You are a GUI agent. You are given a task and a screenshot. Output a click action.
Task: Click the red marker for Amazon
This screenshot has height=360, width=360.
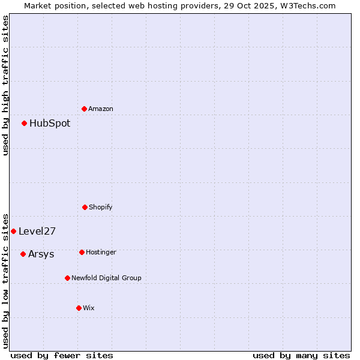point(85,109)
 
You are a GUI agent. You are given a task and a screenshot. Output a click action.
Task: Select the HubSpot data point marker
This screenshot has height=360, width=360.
point(25,123)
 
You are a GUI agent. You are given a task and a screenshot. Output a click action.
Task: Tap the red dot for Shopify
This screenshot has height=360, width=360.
point(85,207)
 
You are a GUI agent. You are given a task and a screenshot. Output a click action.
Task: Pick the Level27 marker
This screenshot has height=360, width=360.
point(13,231)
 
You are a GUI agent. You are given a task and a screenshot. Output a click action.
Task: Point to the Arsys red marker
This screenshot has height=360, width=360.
point(23,254)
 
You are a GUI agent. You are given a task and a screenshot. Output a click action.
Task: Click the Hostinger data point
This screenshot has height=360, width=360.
point(82,252)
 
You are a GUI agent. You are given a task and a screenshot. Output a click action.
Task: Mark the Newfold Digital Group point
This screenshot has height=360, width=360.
point(67,278)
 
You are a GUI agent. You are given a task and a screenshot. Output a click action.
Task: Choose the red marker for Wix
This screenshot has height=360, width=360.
point(79,308)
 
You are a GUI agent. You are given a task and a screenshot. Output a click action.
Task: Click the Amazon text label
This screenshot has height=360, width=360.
point(101,109)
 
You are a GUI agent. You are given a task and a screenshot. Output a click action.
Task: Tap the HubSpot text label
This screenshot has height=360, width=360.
point(50,123)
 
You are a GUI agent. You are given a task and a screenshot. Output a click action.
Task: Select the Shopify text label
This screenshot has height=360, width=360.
point(101,207)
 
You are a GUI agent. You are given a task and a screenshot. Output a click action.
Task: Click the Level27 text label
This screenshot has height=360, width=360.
point(37,231)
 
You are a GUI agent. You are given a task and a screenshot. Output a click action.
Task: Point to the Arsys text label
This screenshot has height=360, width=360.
point(41,254)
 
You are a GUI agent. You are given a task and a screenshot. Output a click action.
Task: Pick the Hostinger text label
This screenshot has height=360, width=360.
point(101,252)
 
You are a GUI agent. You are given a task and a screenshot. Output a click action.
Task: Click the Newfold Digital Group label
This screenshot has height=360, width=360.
point(106,278)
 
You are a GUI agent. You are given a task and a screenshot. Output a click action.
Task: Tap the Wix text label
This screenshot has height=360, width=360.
point(89,308)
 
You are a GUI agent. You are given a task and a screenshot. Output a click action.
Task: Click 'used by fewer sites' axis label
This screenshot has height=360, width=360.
point(62,355)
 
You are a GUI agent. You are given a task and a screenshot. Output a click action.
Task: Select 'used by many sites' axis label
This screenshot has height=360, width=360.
point(301,355)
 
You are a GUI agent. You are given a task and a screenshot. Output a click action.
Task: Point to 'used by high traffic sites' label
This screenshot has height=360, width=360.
point(5,85)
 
